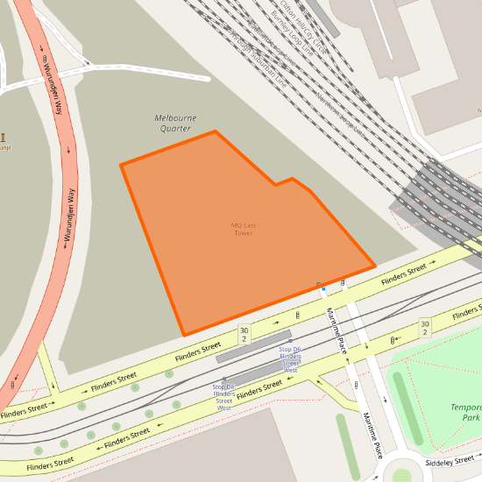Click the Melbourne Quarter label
(175, 123)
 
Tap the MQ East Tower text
(243, 229)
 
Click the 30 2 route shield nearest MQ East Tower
(244, 335)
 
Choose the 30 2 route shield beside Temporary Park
(424, 328)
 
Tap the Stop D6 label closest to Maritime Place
(290, 359)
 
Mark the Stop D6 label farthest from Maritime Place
(223, 397)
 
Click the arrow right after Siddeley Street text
(478, 457)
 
